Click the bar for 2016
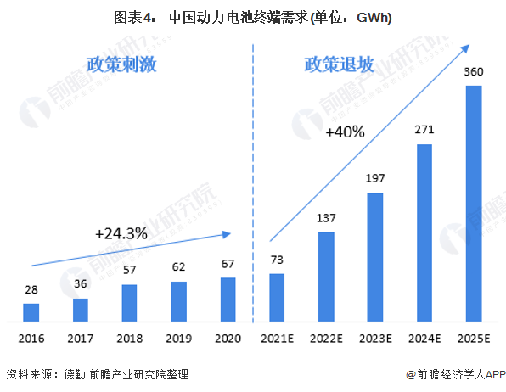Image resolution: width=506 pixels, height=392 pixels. click(x=31, y=312)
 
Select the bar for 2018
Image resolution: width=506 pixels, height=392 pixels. click(x=129, y=303)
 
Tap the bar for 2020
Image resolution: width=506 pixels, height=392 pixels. click(x=228, y=300)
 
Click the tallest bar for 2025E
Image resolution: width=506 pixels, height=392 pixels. click(x=474, y=204)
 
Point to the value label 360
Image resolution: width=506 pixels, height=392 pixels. click(x=474, y=72)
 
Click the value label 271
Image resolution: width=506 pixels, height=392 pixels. click(x=424, y=131)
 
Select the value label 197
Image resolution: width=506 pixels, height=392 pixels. click(x=375, y=180)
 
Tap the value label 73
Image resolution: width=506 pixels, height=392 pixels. click(x=277, y=260)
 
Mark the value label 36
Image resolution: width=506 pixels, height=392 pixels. click(x=81, y=284)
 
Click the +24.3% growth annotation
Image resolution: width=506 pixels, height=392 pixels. click(x=121, y=232)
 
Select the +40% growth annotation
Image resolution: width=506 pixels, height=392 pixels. click(x=344, y=132)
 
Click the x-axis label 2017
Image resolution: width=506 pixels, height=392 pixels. click(x=81, y=338)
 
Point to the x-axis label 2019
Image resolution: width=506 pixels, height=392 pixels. click(x=178, y=338)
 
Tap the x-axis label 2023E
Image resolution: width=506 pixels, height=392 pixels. click(x=375, y=338)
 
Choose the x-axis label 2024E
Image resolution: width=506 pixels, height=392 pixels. click(x=424, y=338)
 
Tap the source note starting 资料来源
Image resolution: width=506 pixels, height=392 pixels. click(x=97, y=374)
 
